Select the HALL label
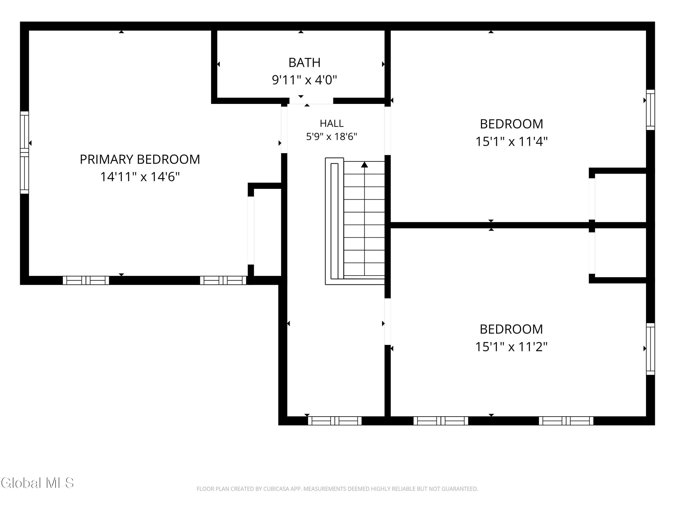tap(331, 123)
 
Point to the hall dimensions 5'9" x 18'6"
tap(331, 136)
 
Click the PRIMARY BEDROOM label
tap(140, 159)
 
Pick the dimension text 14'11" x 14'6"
tap(140, 177)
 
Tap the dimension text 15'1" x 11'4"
tap(511, 141)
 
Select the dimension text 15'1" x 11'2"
tap(511, 347)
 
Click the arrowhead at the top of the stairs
tap(364, 165)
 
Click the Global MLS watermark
tap(37, 483)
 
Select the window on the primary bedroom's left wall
tap(24, 152)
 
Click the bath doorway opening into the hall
tap(311, 101)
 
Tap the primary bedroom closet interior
tap(267, 232)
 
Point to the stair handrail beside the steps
tap(334, 221)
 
